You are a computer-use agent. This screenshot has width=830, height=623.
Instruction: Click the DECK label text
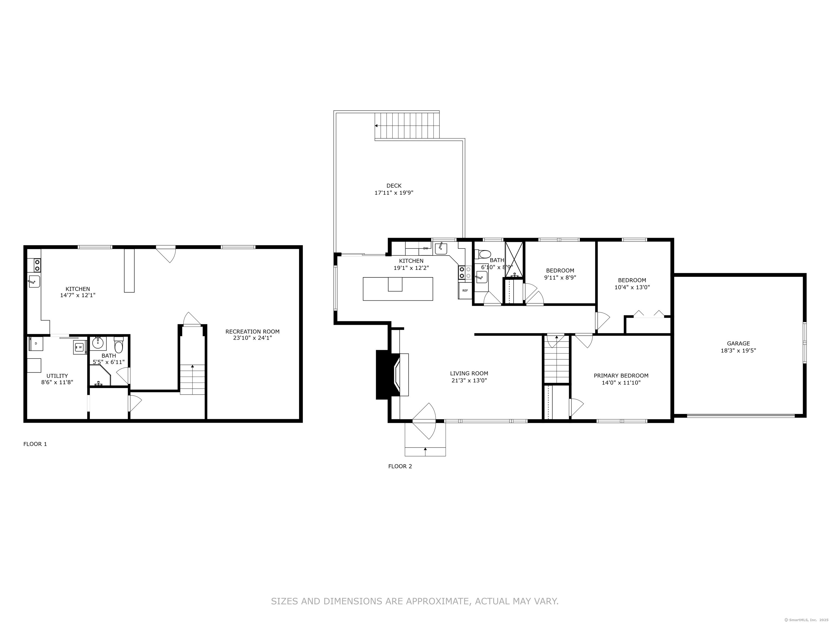click(x=394, y=185)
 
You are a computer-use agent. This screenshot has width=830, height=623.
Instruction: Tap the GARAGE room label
click(x=738, y=343)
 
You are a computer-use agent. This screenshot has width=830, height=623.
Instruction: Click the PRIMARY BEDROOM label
click(x=621, y=376)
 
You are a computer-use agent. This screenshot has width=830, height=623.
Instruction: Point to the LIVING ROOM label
click(x=469, y=373)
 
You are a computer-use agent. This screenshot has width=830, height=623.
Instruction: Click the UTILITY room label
click(x=57, y=376)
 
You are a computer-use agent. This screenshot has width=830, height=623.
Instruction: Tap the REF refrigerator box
click(x=465, y=291)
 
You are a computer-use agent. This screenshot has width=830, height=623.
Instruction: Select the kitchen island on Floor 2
click(x=398, y=289)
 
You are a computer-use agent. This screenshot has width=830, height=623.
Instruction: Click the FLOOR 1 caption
click(x=35, y=444)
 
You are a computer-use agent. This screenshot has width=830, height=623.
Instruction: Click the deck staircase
click(x=407, y=126)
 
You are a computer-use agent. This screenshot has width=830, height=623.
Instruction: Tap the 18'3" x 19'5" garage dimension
click(x=738, y=351)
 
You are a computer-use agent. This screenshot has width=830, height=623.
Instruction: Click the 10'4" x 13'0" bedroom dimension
click(x=632, y=287)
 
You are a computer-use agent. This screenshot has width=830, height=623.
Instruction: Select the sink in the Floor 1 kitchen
click(x=34, y=281)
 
